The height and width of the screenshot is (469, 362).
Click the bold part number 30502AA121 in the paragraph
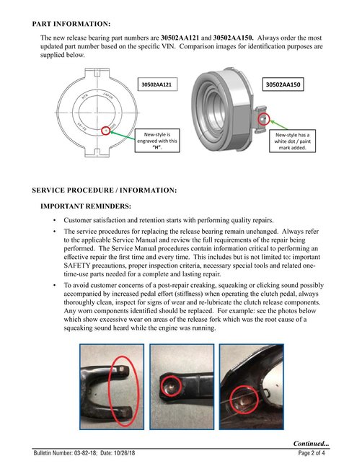coord(180,37)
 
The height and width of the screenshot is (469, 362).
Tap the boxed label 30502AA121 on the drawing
coord(156,84)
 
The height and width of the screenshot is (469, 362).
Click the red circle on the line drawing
coord(107,130)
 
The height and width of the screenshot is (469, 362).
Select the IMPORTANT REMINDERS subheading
coord(85,206)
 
